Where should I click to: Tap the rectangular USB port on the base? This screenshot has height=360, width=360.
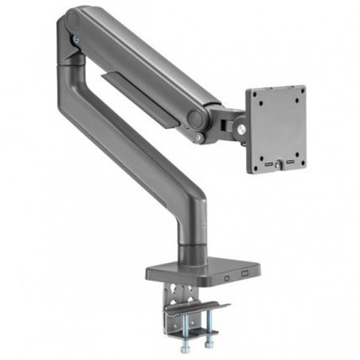244,276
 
